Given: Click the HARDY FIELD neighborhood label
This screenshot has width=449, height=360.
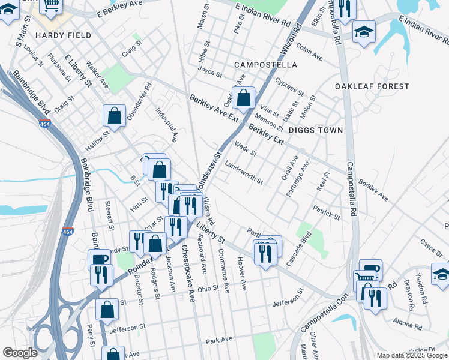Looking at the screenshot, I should [x=63, y=35].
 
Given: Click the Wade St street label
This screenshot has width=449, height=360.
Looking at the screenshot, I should [x=246, y=148].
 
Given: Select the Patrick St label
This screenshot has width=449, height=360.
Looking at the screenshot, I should [x=327, y=212].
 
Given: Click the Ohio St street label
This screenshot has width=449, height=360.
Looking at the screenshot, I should [x=209, y=288].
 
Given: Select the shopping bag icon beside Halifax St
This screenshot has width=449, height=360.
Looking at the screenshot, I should [x=114, y=116].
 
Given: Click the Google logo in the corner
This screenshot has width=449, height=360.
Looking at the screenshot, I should [x=20, y=353].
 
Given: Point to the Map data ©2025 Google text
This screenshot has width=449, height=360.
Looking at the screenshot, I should [x=412, y=355].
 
